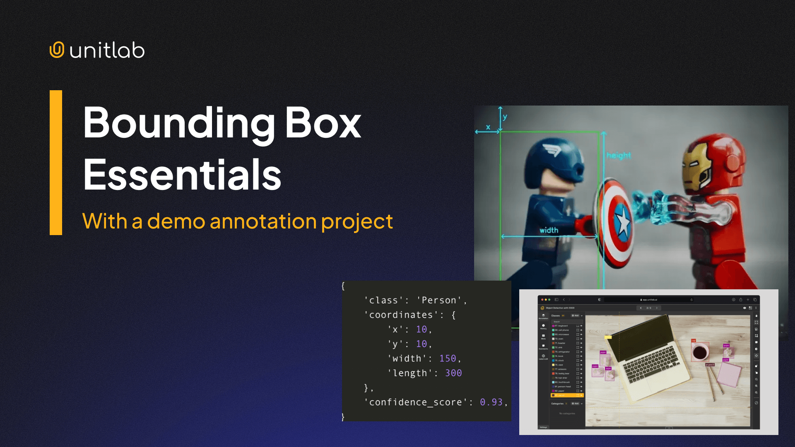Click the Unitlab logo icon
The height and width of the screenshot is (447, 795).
(x=57, y=50)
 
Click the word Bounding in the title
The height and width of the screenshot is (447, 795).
(x=178, y=123)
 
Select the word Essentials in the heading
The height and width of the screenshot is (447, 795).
(x=182, y=175)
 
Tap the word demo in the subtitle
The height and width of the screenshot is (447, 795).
(x=176, y=221)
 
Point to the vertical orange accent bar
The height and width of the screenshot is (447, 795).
(x=56, y=163)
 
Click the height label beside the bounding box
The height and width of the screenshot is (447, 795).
(x=619, y=156)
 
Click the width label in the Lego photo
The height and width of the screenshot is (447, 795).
(x=549, y=230)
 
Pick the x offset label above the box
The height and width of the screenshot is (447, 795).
(x=488, y=127)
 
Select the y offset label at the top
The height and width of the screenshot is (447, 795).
(x=505, y=117)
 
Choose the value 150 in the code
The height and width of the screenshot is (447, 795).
(x=448, y=358)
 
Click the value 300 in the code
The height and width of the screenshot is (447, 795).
(x=453, y=373)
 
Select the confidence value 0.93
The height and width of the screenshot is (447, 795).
(x=491, y=402)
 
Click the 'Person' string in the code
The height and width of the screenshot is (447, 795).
(x=439, y=300)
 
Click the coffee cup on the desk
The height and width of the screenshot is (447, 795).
(x=700, y=353)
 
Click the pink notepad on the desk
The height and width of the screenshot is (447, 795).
(x=729, y=375)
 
